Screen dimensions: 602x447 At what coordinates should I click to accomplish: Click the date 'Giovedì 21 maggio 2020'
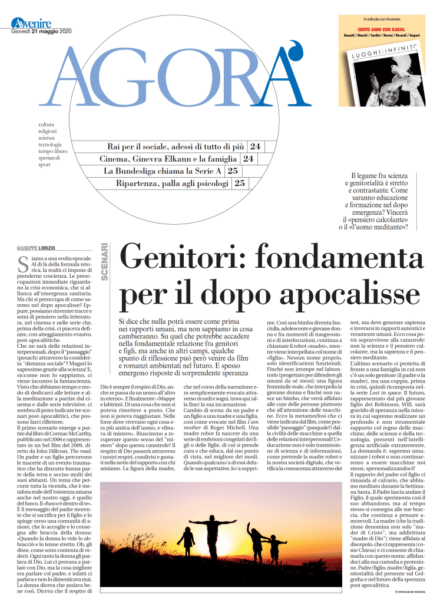(41, 31)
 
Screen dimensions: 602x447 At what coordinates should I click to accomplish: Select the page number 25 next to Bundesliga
(233, 171)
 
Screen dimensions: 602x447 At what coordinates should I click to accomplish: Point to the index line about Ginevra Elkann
(169, 158)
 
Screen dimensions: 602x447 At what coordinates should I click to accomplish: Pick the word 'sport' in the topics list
(44, 165)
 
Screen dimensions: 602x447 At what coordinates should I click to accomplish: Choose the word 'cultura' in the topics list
(47, 124)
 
